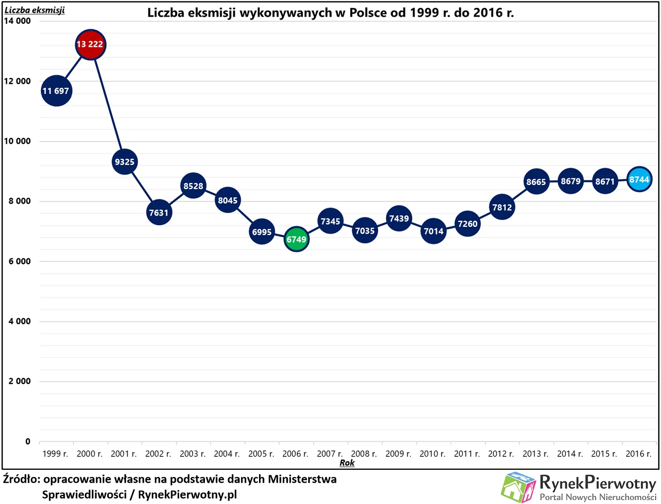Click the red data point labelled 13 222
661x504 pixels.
[x=90, y=45]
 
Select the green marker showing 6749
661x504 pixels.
[x=296, y=239]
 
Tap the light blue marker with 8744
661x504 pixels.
[x=639, y=180]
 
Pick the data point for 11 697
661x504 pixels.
[x=56, y=91]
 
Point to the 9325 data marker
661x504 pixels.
[x=125, y=162]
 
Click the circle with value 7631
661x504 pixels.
[x=159, y=212]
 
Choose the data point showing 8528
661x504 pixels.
[x=194, y=186]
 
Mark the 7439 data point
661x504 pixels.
[x=399, y=218]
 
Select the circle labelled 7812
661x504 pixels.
[x=502, y=207]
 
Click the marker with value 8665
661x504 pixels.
[x=536, y=182]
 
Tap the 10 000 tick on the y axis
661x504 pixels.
[x=17, y=141]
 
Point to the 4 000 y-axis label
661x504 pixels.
[x=19, y=321]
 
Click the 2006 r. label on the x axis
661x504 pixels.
[x=295, y=453]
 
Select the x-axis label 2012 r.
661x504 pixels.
[x=501, y=453]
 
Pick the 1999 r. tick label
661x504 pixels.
[x=56, y=453]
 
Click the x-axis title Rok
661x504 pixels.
[x=347, y=463]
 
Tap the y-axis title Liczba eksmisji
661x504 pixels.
[x=34, y=10]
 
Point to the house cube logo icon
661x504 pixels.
[x=518, y=487]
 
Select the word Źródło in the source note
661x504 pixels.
[x=21, y=479]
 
